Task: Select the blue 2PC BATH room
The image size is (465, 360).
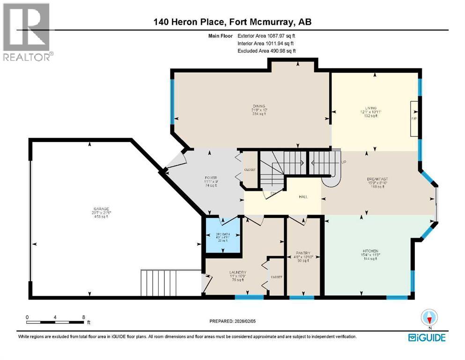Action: coord(222,237)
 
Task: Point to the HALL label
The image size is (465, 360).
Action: coord(303,196)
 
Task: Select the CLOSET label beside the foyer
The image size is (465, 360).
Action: coord(250,170)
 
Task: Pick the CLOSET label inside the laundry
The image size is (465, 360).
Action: coord(276,277)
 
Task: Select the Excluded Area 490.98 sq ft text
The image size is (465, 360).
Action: coord(266,51)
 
